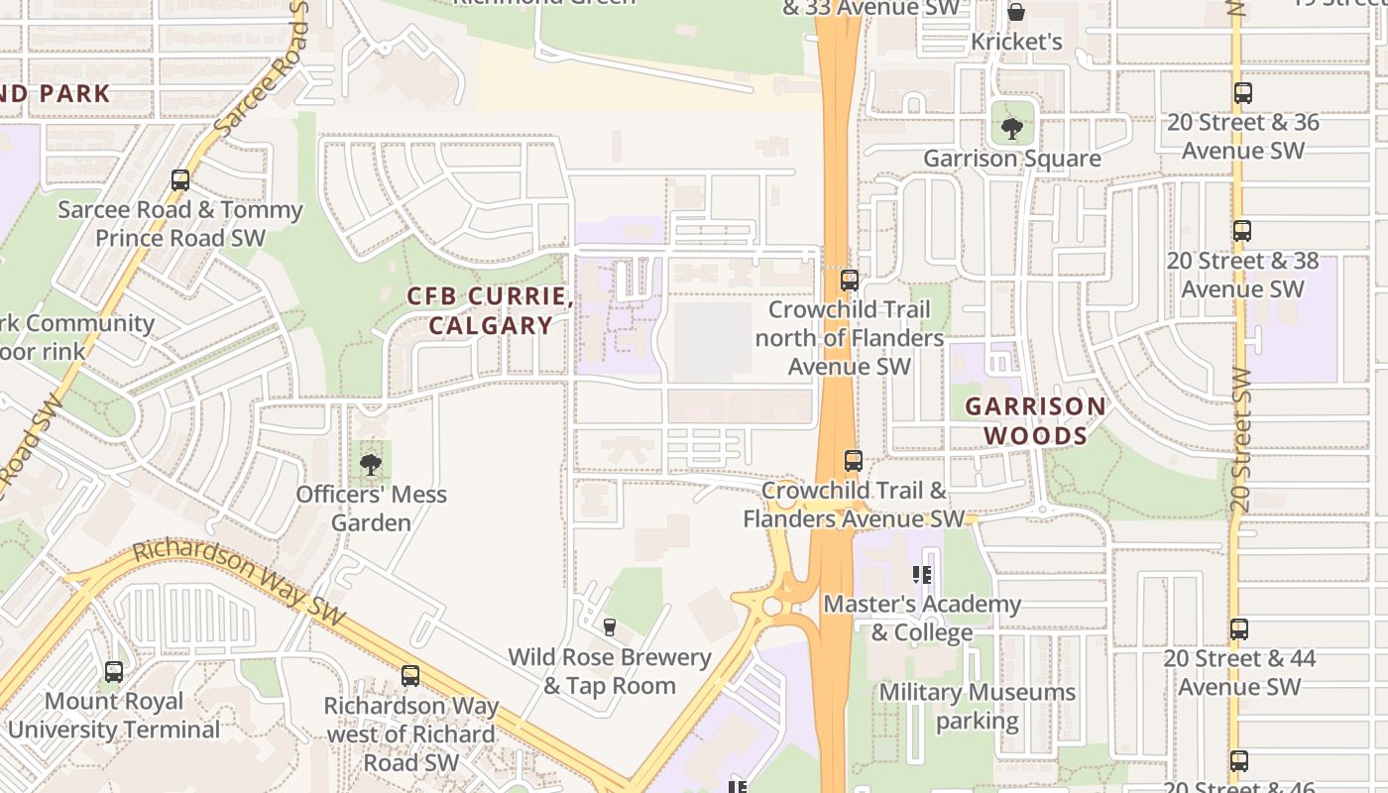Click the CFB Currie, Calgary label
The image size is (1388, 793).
[490, 311]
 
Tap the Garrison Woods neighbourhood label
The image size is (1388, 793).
[1035, 421]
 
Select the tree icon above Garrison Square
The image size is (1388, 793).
[1011, 129]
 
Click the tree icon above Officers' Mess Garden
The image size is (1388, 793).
[371, 464]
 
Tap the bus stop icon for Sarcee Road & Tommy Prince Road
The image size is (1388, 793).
[180, 180]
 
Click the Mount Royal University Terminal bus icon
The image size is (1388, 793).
[114, 672]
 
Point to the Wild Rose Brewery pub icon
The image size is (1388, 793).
[609, 627]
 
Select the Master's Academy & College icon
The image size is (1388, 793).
[922, 575]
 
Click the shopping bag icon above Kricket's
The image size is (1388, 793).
[1016, 12]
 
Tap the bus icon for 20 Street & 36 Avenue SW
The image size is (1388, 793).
[1243, 94]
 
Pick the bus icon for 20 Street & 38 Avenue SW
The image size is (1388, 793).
[1242, 231]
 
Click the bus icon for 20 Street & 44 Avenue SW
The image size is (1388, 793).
[1239, 629]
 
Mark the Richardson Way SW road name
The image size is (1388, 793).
[238, 582]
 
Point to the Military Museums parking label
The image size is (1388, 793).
[978, 706]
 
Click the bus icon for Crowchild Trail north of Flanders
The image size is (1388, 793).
[849, 281]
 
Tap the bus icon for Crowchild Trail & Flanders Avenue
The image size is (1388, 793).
[853, 461]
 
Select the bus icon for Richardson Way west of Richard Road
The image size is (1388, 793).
[410, 676]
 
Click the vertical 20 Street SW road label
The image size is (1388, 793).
[1240, 441]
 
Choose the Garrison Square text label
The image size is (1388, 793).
[1011, 159]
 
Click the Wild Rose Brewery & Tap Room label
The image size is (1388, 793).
[610, 671]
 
